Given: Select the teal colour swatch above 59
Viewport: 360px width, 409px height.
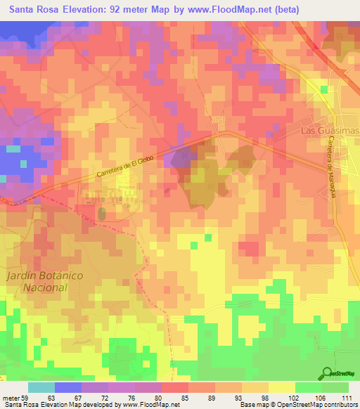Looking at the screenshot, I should tap(41, 387).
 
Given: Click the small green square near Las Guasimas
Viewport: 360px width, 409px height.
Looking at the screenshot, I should tap(324, 89).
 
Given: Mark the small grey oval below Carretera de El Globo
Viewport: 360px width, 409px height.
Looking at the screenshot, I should tap(101, 212).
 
